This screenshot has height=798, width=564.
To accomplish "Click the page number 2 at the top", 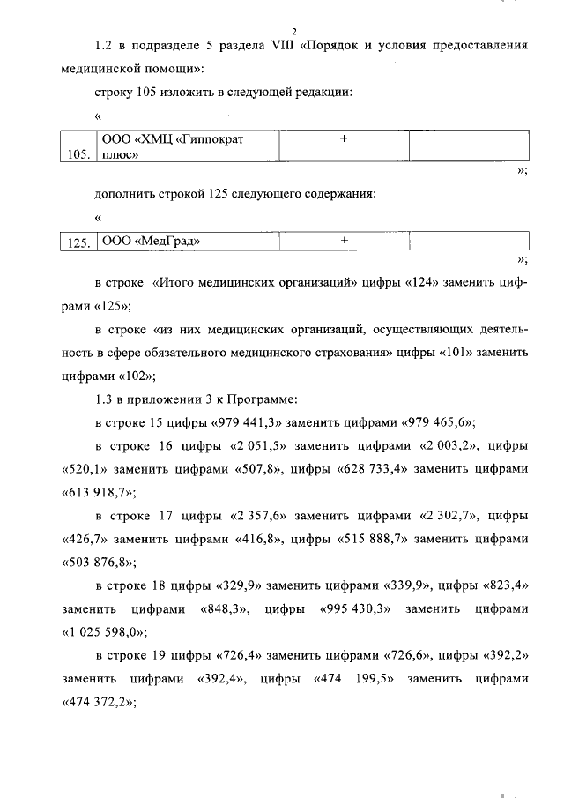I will (295, 31).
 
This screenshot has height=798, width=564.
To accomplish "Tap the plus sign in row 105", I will (345, 139).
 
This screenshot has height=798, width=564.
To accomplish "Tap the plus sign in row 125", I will (345, 239).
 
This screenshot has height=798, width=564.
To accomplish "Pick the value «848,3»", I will (225, 608).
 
